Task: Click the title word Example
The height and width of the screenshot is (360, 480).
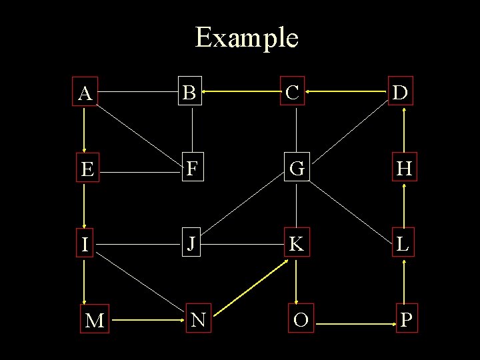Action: [x=246, y=38]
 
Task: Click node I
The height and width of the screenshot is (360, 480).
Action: [x=85, y=245]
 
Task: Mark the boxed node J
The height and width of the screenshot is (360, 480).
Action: [x=191, y=244]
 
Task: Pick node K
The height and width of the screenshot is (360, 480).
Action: [x=296, y=245]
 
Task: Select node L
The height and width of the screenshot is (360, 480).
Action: [x=403, y=245]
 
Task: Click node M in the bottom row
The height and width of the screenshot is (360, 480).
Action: [x=95, y=321]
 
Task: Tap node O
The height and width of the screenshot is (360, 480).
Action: [x=301, y=320]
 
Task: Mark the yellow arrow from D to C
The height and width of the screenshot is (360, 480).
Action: [x=346, y=93]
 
